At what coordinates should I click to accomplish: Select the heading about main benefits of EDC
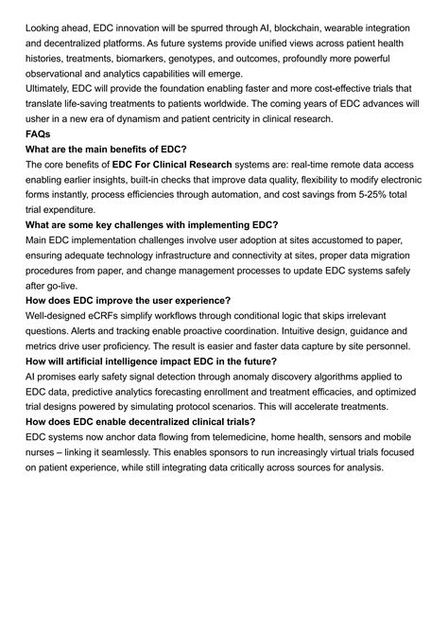[106, 150]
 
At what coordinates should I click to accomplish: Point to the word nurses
[43, 452]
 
